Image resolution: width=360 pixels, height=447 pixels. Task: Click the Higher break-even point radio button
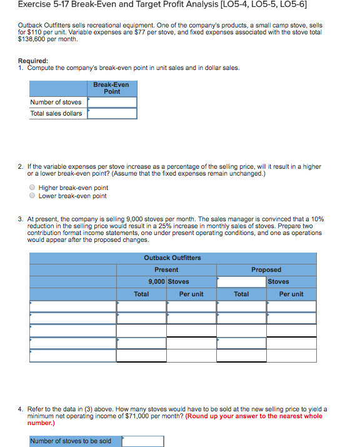click(31, 188)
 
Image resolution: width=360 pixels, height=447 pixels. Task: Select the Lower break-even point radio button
click(31, 196)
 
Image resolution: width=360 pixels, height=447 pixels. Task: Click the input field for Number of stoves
click(112, 102)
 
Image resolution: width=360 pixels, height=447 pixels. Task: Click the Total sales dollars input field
click(112, 113)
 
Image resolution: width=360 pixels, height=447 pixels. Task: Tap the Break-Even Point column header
click(112, 88)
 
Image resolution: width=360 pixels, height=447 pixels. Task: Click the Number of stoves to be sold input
click(142, 441)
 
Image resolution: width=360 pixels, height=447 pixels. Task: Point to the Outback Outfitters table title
click(172, 258)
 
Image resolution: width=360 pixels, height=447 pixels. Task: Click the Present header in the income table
click(166, 269)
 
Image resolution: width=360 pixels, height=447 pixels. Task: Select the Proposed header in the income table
click(266, 269)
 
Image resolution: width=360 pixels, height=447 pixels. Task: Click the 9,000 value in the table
click(156, 281)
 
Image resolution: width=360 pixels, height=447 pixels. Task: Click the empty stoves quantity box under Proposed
click(241, 281)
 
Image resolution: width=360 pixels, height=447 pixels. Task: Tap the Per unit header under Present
click(191, 294)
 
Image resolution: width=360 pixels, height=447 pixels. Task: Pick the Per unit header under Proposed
click(291, 294)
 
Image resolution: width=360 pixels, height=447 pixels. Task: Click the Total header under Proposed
click(241, 294)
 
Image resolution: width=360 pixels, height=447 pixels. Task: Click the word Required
click(35, 61)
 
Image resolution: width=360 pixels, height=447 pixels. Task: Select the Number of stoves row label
click(56, 102)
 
